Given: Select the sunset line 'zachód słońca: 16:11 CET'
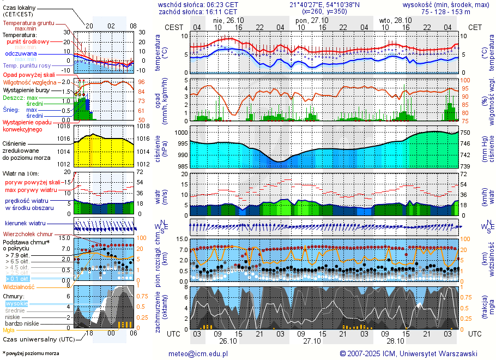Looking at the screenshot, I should tap(197, 11).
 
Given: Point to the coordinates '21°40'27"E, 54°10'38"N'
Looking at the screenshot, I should tap(325, 4).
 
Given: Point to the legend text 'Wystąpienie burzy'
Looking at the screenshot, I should tap(25, 89).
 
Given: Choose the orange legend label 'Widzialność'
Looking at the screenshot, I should tap(19, 286).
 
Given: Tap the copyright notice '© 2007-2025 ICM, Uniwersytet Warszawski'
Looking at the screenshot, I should tap(408, 353).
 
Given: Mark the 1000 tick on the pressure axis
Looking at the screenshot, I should tap(181, 133).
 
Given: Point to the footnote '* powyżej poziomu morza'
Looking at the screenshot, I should tap(31, 353).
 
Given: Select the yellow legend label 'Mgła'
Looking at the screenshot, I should tap(9, 330).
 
